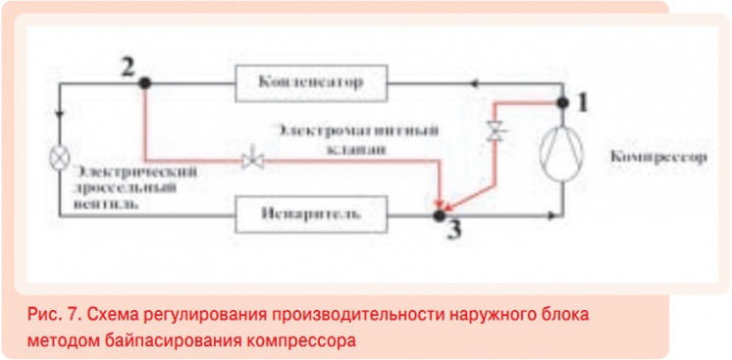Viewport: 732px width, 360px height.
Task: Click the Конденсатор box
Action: [x=311, y=81]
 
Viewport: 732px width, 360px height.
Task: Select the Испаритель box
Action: [x=311, y=213]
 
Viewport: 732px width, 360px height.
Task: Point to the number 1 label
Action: [x=582, y=100]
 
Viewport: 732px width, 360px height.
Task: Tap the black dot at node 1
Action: [x=562, y=101]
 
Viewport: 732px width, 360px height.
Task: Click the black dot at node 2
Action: [x=144, y=82]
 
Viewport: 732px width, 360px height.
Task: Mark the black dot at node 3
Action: [x=439, y=211]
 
